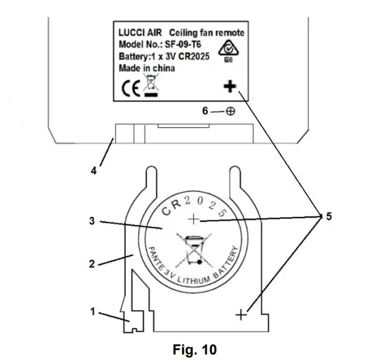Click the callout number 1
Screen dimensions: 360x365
(x=93, y=312)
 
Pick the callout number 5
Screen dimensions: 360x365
(x=328, y=217)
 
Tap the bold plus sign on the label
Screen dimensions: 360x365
(x=229, y=88)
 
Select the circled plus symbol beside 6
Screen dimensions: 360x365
(x=230, y=112)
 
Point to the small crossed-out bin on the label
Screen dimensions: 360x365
(x=149, y=86)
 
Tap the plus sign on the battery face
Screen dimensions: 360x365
(x=195, y=219)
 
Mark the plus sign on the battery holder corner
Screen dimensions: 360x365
(x=240, y=314)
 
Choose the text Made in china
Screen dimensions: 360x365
(x=146, y=68)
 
